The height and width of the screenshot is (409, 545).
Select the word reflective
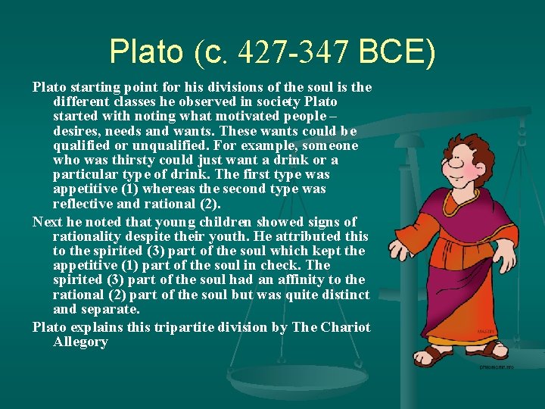[84, 204]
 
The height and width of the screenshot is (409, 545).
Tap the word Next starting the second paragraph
[47, 222]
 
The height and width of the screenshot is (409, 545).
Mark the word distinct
[346, 295]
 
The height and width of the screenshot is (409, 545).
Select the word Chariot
[347, 327]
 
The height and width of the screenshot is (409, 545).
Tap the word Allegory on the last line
[81, 342]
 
